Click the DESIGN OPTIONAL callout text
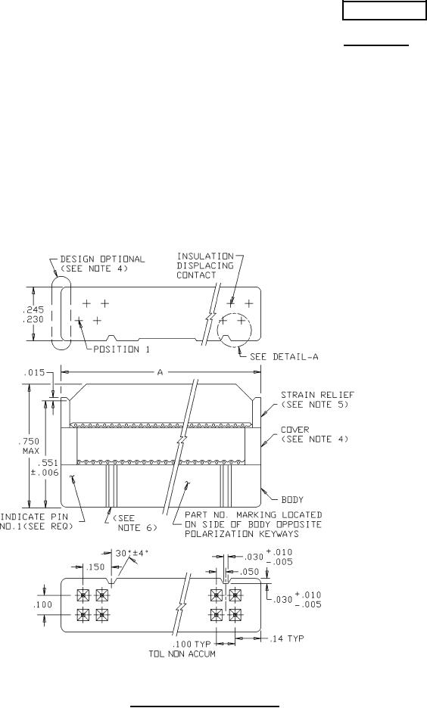click(102, 264)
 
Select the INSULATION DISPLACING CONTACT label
click(205, 265)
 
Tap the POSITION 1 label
click(122, 349)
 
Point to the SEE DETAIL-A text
click(284, 357)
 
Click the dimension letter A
click(160, 372)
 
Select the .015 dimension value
click(34, 372)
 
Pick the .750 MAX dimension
click(31, 446)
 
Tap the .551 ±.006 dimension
click(48, 467)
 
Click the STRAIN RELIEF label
click(318, 399)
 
